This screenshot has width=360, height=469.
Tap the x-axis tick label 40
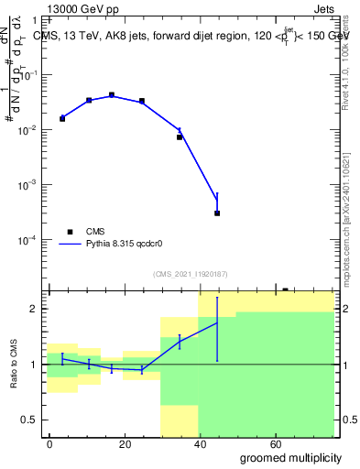point(201,443)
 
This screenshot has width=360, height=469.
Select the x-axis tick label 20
point(125,443)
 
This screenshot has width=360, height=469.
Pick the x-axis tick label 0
point(49,443)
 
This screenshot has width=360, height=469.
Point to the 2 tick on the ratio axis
point(38,309)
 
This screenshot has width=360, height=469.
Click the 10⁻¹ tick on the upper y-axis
point(32,75)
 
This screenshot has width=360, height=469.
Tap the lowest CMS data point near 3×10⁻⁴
point(217,213)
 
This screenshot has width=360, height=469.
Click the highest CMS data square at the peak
point(111,94)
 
